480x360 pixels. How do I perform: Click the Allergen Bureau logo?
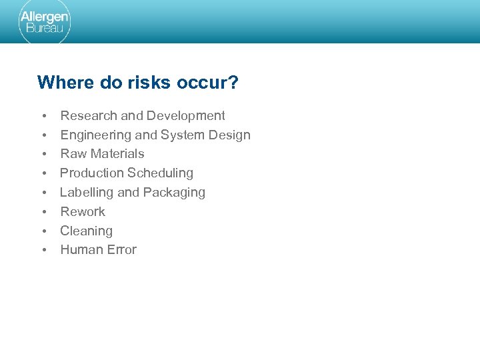(x=44, y=22)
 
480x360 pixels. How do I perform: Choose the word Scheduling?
(x=160, y=173)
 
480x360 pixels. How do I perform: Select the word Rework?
(x=83, y=212)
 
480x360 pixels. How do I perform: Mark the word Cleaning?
(x=87, y=231)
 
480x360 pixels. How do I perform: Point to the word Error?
(x=121, y=250)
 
